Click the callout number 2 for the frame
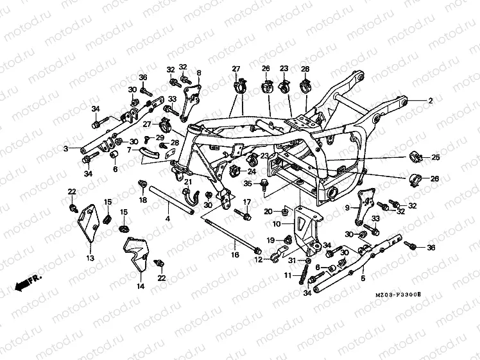(x=431, y=101)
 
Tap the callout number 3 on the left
(x=65, y=149)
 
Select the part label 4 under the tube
(x=168, y=219)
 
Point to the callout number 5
(x=363, y=279)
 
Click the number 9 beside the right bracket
(x=348, y=208)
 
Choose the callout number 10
(x=277, y=225)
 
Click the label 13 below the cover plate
(x=90, y=258)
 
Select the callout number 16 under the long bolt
(x=235, y=255)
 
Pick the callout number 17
(x=246, y=202)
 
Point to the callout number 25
(x=436, y=157)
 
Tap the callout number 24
(x=252, y=171)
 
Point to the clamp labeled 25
(x=415, y=157)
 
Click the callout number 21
(x=188, y=182)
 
